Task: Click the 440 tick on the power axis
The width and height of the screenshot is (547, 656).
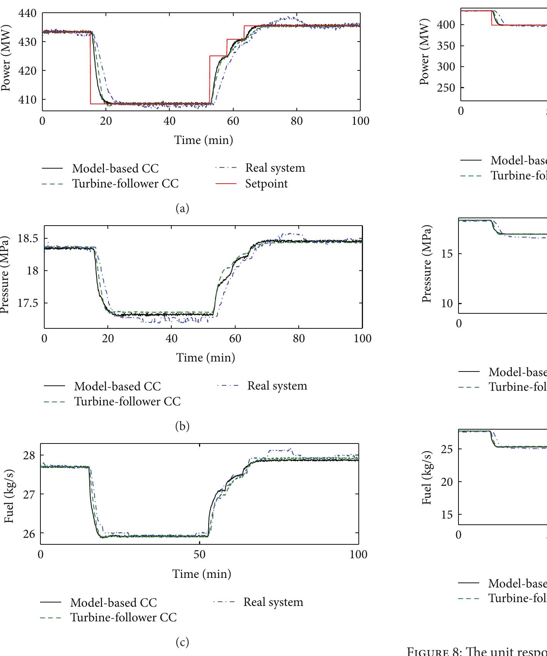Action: (x=27, y=14)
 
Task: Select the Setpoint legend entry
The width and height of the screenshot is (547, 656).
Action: (x=266, y=184)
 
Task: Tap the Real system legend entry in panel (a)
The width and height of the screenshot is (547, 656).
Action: (x=275, y=168)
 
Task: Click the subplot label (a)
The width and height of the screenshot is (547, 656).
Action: (x=182, y=208)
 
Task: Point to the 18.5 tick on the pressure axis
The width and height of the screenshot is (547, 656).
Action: (x=28, y=239)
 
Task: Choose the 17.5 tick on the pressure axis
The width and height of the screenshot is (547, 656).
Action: (x=28, y=303)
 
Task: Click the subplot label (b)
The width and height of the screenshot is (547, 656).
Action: (x=182, y=426)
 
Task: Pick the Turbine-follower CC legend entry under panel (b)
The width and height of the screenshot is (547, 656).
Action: (x=127, y=402)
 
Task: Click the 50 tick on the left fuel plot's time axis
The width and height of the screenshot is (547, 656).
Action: (x=199, y=554)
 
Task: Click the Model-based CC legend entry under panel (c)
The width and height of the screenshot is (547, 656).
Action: (x=113, y=603)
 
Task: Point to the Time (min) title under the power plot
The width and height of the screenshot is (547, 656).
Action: (x=204, y=140)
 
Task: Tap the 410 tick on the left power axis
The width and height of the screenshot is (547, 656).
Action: (x=27, y=100)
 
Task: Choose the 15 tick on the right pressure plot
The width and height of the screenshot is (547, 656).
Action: (x=447, y=254)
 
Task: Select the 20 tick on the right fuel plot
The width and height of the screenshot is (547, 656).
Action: (x=447, y=482)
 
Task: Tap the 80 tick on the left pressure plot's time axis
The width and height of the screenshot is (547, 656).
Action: (x=299, y=339)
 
